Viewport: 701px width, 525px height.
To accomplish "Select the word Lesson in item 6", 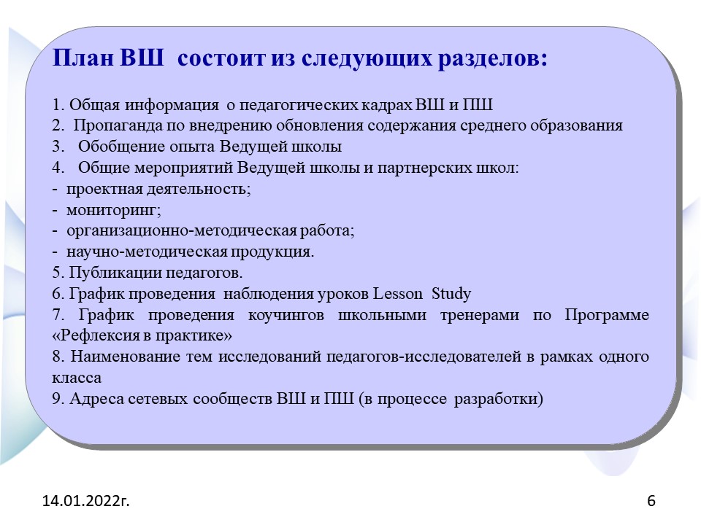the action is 397,294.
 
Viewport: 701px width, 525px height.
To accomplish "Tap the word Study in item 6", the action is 451,294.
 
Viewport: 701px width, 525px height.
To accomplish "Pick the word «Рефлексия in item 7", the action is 96,335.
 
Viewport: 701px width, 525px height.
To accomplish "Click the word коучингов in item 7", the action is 286,315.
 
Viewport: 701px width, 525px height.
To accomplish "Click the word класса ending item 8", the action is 77,378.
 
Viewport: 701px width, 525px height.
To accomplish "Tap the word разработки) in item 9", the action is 499,399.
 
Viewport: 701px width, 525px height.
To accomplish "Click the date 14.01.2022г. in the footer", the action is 86,501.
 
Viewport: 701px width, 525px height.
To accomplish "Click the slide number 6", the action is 651,501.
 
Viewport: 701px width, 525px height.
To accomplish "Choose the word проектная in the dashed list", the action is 104,190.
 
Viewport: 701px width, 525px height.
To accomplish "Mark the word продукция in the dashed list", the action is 272,252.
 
